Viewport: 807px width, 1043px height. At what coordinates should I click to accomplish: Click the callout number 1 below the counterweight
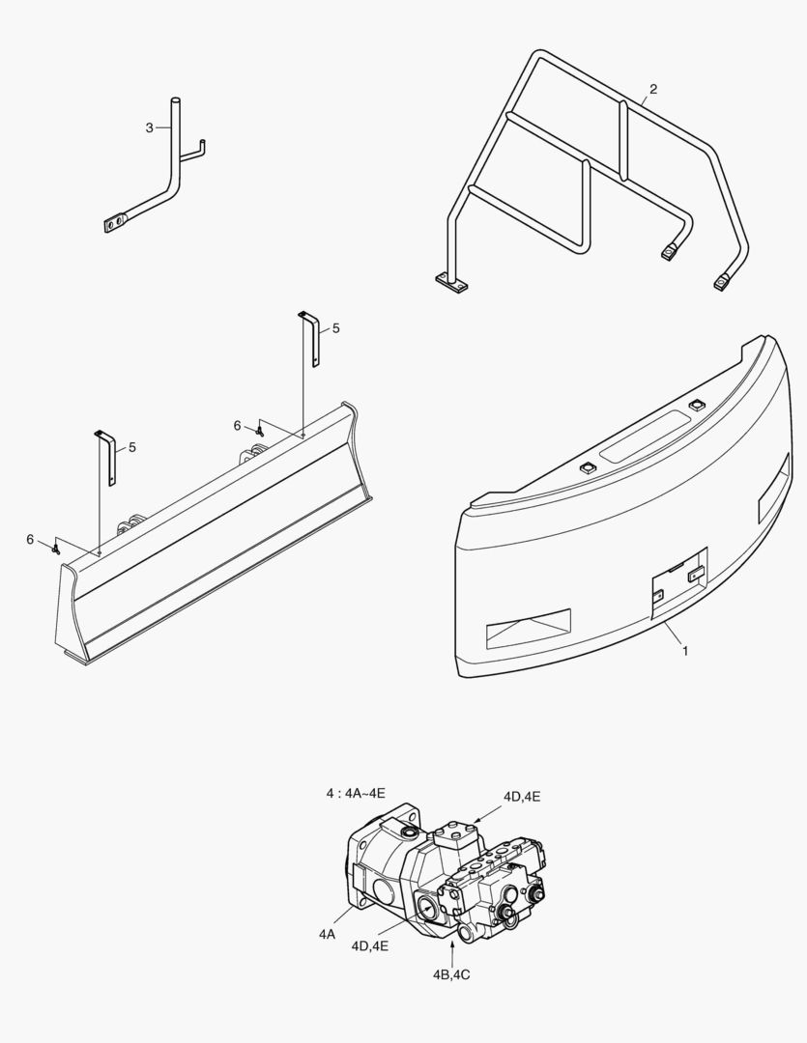pyautogui.click(x=685, y=651)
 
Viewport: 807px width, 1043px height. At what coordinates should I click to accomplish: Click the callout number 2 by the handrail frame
pyautogui.click(x=654, y=89)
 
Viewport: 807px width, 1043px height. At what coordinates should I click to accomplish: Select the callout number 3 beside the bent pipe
pyautogui.click(x=149, y=127)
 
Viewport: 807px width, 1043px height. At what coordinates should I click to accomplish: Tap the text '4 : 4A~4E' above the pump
pyautogui.click(x=356, y=793)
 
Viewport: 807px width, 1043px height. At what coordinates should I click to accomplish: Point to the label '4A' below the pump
pyautogui.click(x=327, y=935)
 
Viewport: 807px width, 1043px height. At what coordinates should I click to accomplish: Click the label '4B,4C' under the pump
pyautogui.click(x=450, y=975)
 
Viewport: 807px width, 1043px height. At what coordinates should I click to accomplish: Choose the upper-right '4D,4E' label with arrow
pyautogui.click(x=521, y=796)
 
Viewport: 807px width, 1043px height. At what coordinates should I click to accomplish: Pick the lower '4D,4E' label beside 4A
pyautogui.click(x=369, y=945)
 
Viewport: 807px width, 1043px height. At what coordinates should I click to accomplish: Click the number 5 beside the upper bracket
pyautogui.click(x=335, y=328)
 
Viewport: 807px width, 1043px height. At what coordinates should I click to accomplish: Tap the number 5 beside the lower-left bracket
pyautogui.click(x=131, y=448)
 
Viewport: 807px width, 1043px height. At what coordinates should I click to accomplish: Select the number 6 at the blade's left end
pyautogui.click(x=30, y=540)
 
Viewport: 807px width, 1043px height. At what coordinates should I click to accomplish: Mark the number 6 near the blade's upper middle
pyautogui.click(x=237, y=426)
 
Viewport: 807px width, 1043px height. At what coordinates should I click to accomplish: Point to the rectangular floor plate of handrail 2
pyautogui.click(x=450, y=283)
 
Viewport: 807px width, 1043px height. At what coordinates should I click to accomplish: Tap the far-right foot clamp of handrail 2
pyautogui.click(x=720, y=284)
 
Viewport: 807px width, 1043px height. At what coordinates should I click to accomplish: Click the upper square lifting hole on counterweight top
pyautogui.click(x=697, y=405)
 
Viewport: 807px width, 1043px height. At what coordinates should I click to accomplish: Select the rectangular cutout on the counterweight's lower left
pyautogui.click(x=529, y=629)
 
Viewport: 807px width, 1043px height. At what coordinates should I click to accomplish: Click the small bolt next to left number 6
pyautogui.click(x=55, y=549)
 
